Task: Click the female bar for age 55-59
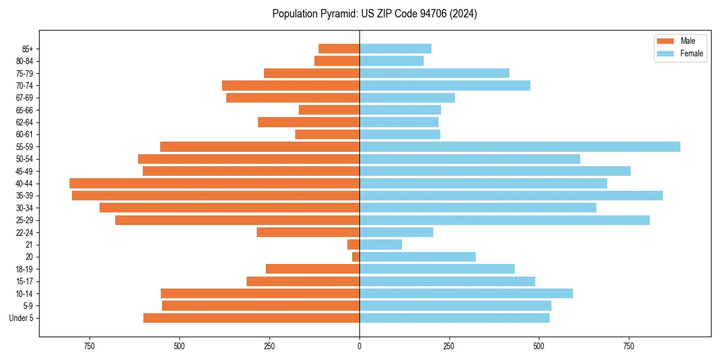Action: (x=520, y=147)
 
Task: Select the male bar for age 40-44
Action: (x=214, y=184)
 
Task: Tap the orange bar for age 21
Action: (x=353, y=245)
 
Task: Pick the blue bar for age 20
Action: (x=418, y=257)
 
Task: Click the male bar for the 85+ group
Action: (x=339, y=49)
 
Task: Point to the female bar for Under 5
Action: (x=454, y=318)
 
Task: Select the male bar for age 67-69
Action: (x=293, y=98)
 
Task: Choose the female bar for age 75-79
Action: (x=434, y=73)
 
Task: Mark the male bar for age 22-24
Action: (x=308, y=232)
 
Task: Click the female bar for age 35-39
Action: (x=511, y=196)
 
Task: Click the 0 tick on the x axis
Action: (x=359, y=346)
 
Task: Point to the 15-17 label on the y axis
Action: (x=24, y=281)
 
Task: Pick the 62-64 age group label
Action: (x=24, y=122)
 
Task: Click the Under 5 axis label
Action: (x=21, y=318)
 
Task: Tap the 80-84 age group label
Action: (x=24, y=61)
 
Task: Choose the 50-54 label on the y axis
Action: (x=24, y=159)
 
